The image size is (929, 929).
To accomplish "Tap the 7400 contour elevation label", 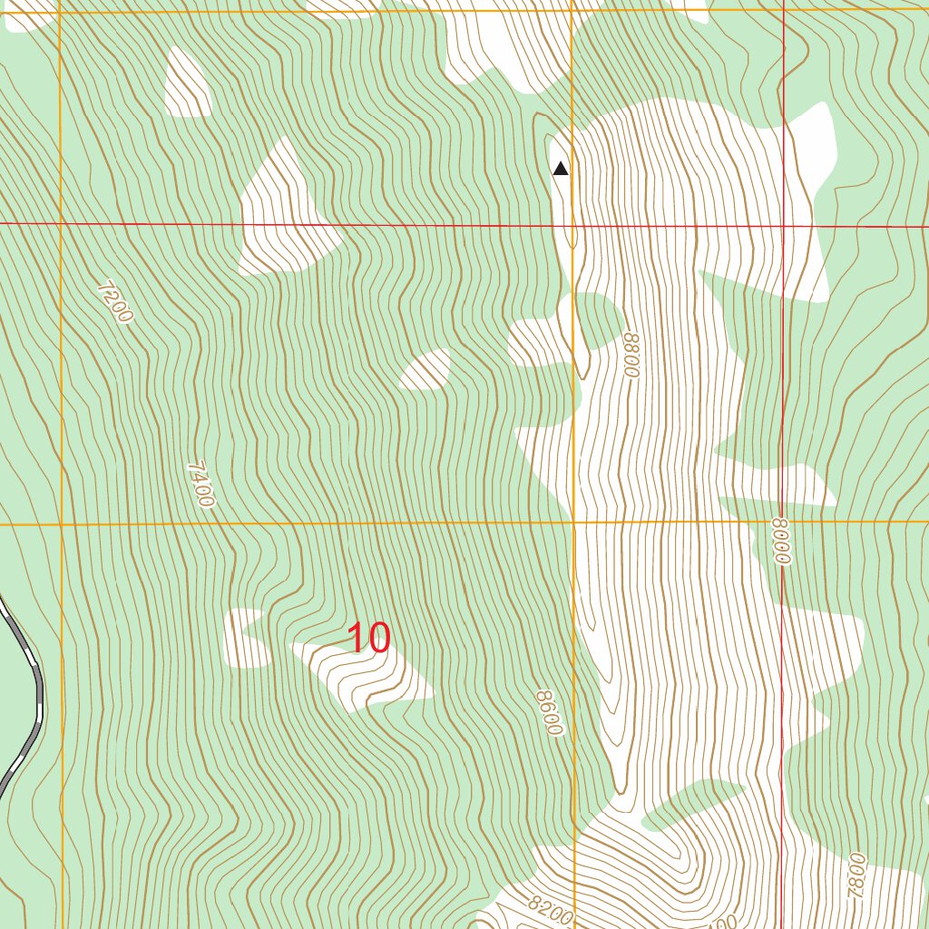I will coord(200,484).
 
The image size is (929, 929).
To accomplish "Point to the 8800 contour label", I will coord(631,355).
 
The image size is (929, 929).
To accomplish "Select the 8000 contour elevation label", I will coord(782,541).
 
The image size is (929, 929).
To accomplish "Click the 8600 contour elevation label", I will coord(548,712).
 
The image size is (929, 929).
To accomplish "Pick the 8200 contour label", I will coord(550,910).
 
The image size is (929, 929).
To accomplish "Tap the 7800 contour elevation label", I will coord(856,875).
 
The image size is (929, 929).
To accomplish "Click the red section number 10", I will coord(369,639).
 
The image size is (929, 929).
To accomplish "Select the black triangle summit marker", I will coord(561,168).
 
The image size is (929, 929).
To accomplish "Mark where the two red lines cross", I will coord(784,225).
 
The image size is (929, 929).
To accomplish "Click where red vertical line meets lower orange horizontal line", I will coord(783,522).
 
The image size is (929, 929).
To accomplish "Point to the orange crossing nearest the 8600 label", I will coord(573,523).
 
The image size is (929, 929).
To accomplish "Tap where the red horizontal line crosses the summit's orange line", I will coord(572,224).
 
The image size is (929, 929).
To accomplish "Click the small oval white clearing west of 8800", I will coord(426,370).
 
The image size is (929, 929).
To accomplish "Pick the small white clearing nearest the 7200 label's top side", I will coord(188,83).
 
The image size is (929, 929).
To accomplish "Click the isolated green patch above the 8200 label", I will coord(689,803).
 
